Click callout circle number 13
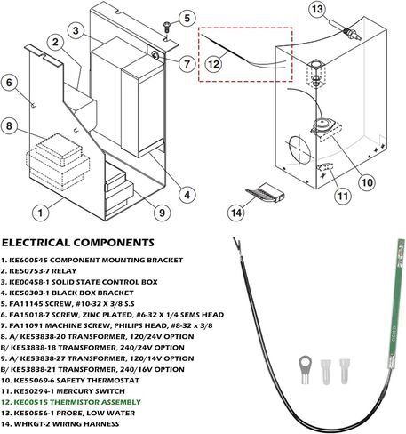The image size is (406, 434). point(317,9)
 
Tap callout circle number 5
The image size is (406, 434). point(187,18)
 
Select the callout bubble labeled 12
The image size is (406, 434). point(214,64)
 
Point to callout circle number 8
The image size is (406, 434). point(9,125)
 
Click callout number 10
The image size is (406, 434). point(367,182)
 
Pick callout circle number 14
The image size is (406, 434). point(236,213)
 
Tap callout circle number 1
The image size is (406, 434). point(40,213)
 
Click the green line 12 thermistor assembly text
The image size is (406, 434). point(71,402)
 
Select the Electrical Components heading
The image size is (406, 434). point(78,243)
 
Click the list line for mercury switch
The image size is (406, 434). point(63,391)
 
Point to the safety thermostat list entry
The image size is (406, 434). point(70,381)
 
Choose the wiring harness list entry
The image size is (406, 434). point(60,424)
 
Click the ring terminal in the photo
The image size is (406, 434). point(304,369)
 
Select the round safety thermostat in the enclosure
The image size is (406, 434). point(322,125)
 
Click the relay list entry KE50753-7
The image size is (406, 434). point(39,271)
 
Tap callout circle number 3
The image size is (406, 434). point(76,31)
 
